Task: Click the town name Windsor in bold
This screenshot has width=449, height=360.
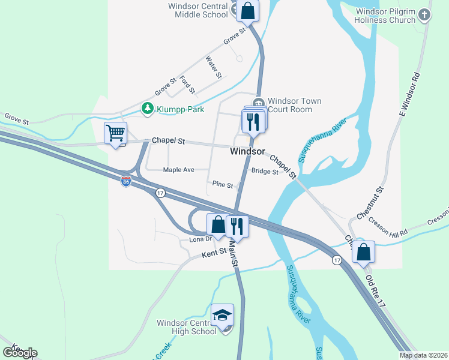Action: pos(247,152)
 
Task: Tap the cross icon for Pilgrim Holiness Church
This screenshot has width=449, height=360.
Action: pos(425,14)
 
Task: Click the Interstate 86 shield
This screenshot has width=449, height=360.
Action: pos(125,181)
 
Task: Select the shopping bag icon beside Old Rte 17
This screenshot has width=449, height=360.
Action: pos(363,252)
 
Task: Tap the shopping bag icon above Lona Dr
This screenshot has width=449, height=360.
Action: pos(218,225)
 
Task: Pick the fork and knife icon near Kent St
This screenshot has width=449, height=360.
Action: pos(238,226)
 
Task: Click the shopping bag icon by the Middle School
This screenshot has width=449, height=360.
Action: pos(247,10)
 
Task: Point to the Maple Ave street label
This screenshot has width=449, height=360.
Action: pos(178,170)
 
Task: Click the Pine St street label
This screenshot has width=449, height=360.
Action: pos(222,185)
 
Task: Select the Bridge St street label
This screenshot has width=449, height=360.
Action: pos(265,172)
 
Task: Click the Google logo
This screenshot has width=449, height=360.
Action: pos(20,353)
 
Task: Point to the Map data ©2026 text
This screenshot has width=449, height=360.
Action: pos(423,355)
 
